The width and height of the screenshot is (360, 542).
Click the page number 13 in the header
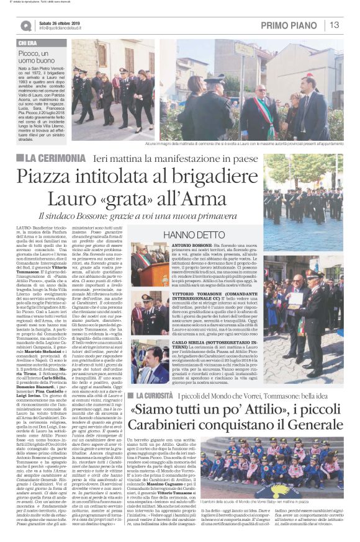tap(334, 25)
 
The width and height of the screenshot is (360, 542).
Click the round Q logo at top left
tap(25, 25)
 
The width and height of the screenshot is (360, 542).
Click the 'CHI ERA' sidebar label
tap(27, 43)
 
